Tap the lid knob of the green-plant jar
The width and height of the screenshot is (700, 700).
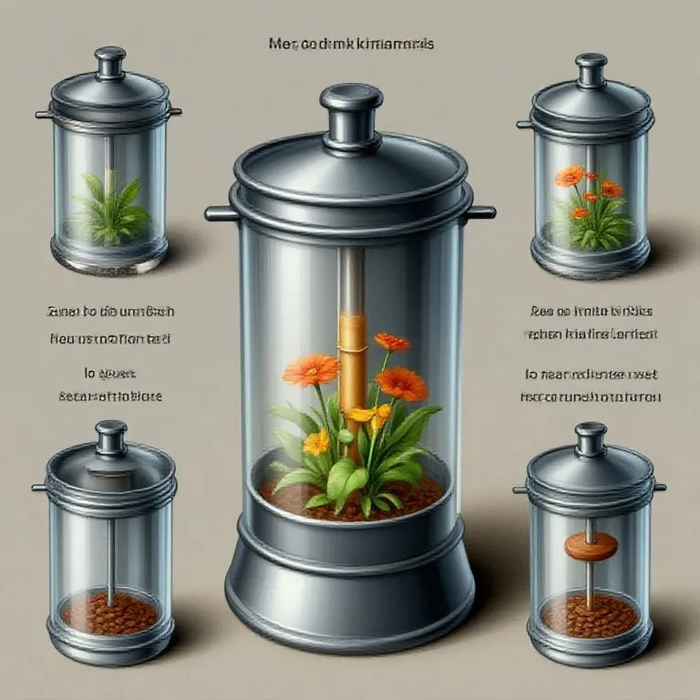pyautogui.click(x=110, y=63)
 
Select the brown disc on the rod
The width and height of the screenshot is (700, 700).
pyautogui.click(x=590, y=546)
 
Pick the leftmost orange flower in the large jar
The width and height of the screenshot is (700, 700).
pyautogui.click(x=311, y=370)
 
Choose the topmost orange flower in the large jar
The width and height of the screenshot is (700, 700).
pyautogui.click(x=392, y=342)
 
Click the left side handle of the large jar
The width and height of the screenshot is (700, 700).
pyautogui.click(x=221, y=213)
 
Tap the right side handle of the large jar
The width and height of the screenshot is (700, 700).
pyautogui.click(x=480, y=212)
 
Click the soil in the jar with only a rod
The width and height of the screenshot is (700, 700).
pyautogui.click(x=109, y=613)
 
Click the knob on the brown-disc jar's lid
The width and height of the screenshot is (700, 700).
pyautogui.click(x=590, y=437)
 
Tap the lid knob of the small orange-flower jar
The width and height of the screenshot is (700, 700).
pyautogui.click(x=591, y=70)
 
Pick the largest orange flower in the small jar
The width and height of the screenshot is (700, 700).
pyautogui.click(x=570, y=176)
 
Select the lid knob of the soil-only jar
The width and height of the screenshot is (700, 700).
pyautogui.click(x=111, y=437)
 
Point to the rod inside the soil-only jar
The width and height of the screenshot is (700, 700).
pyautogui.click(x=110, y=547)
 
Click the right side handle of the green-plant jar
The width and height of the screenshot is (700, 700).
pyautogui.click(x=176, y=112)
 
